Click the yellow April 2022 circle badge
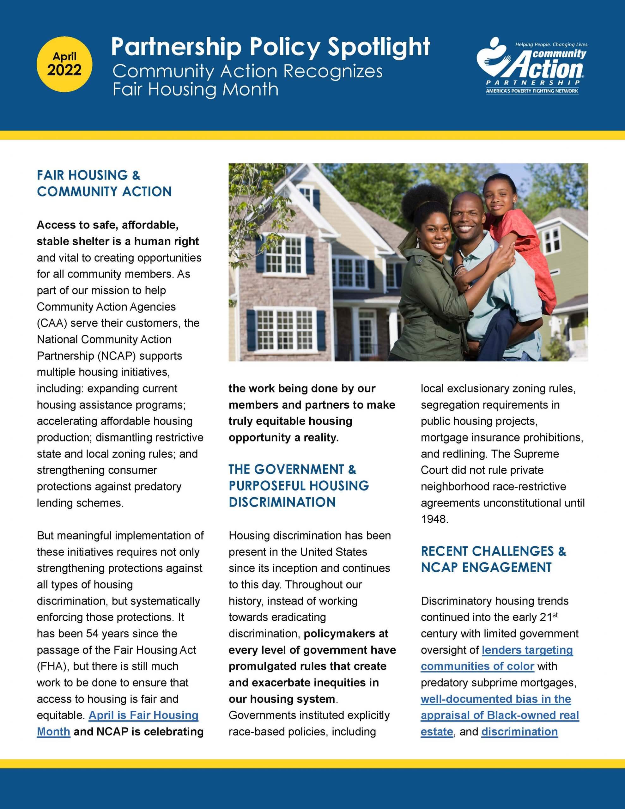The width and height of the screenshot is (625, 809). click(x=64, y=64)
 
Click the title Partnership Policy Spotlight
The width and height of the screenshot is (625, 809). click(x=270, y=47)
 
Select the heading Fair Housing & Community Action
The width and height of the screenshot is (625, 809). click(x=104, y=183)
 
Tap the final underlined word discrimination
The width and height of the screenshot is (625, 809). click(x=519, y=731)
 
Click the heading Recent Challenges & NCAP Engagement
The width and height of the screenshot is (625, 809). click(x=493, y=559)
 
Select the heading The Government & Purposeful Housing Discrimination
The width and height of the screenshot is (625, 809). click(x=299, y=485)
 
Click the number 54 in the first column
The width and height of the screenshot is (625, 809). click(x=92, y=633)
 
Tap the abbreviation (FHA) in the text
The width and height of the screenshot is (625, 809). click(x=52, y=666)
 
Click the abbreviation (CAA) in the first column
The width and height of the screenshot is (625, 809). click(x=52, y=323)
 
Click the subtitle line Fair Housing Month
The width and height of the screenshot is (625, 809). click(x=195, y=89)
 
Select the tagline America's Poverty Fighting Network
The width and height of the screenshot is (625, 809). click(x=532, y=91)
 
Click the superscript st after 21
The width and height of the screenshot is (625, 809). click(x=555, y=615)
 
